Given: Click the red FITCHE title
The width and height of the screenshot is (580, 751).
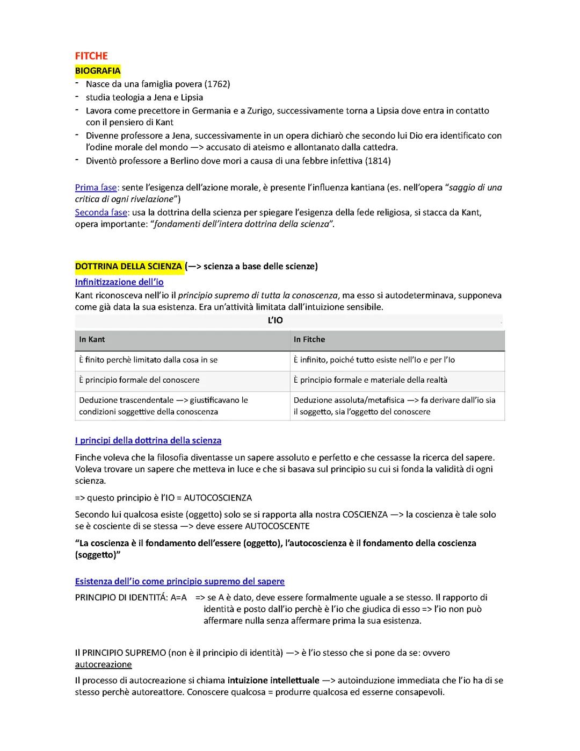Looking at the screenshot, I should click(91, 56).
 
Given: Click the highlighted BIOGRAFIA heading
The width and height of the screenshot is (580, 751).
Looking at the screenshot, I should click(98, 70).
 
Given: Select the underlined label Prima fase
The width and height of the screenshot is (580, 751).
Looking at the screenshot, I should click(96, 188).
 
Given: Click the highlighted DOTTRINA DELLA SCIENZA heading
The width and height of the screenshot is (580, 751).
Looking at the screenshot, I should click(129, 266).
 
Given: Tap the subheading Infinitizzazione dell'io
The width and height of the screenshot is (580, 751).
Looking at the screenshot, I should click(119, 282).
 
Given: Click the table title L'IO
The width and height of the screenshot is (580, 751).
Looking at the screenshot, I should click(275, 320).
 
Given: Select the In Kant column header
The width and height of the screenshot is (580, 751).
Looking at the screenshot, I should click(92, 339).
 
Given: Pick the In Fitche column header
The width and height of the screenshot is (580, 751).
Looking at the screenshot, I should click(309, 339).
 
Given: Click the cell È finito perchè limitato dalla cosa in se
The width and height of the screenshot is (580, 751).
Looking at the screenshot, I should click(148, 360).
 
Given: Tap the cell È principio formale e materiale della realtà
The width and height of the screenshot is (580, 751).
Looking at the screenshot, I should click(370, 380).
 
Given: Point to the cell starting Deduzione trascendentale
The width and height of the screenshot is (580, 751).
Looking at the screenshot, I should click(163, 405).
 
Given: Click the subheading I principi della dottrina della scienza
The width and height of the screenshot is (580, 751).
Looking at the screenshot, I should click(148, 440).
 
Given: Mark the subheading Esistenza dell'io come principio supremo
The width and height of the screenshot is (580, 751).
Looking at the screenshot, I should click(180, 581).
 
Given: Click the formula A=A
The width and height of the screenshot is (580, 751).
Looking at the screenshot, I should click(178, 597).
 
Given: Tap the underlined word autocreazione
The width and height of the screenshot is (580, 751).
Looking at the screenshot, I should click(103, 664).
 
